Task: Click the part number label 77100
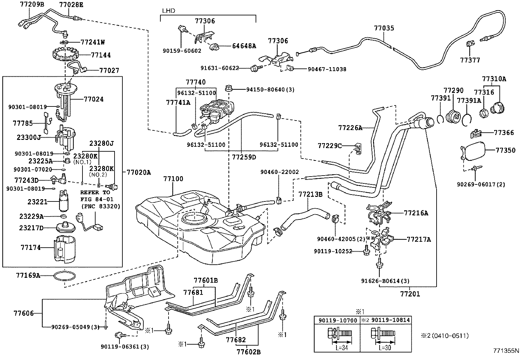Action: click(173, 179)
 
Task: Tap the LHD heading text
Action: click(169, 11)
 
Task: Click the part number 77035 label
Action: click(384, 28)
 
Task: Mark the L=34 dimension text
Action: click(342, 348)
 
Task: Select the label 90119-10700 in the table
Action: click(336, 320)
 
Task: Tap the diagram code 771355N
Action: click(506, 350)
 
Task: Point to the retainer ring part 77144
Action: click(64, 55)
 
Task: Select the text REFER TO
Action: click(95, 192)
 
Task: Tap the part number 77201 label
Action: click(410, 294)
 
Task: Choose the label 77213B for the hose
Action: click(310, 194)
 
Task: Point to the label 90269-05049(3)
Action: click(75, 327)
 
